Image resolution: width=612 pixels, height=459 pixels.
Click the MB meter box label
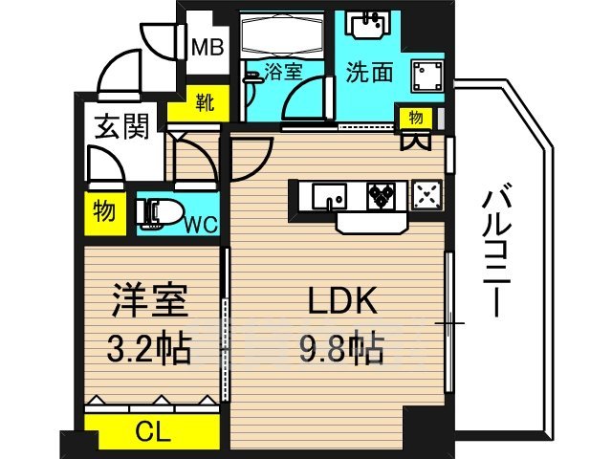pos(208,45)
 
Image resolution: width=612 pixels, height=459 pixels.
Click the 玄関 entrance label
pos(120,126)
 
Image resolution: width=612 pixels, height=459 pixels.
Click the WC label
pos(200,225)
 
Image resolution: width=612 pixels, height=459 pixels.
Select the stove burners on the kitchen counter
pos(383,195)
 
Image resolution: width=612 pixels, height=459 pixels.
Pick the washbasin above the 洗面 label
pos(368,26)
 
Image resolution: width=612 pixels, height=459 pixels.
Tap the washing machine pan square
pos(423,73)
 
